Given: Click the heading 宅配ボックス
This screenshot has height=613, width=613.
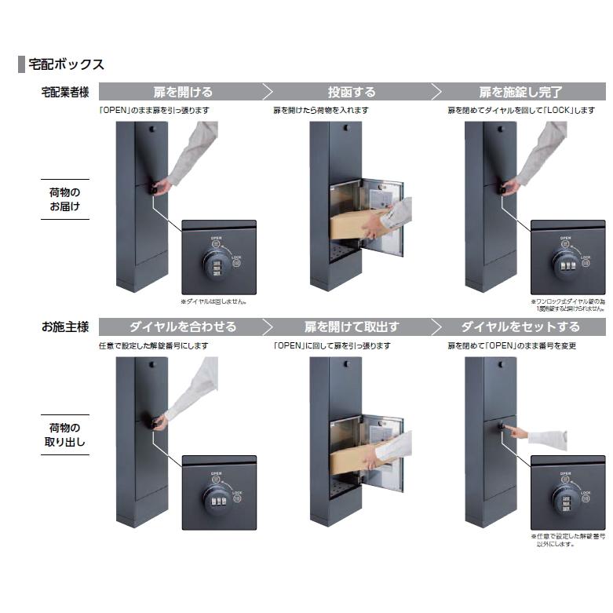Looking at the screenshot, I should tap(66, 64).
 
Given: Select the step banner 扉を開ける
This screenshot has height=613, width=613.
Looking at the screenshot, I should tap(182, 92).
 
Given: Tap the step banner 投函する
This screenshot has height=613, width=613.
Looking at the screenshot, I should tap(351, 92).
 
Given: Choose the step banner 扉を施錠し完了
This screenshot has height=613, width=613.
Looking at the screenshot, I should tap(520, 92).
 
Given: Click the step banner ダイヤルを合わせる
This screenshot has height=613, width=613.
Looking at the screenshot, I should tap(182, 327).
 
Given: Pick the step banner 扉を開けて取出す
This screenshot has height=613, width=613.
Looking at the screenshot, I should tap(351, 327).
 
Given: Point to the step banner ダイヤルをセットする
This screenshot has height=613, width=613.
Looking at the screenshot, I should tap(520, 327).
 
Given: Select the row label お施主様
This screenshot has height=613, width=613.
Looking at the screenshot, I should tap(64, 327).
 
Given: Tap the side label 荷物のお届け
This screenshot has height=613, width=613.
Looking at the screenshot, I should tap(64, 199).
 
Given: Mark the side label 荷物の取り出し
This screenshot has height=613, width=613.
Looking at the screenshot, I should tap(64, 434).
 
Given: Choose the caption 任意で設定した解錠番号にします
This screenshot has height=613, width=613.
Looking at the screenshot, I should tap(153, 345).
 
